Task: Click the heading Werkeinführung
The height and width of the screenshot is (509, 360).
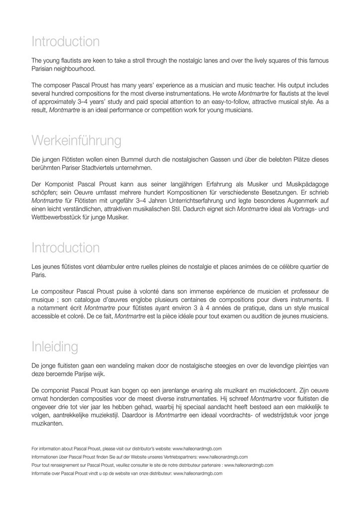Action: (x=76, y=141)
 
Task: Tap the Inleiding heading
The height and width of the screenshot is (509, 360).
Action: (x=55, y=346)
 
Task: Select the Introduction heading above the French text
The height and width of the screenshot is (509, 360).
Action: (x=65, y=248)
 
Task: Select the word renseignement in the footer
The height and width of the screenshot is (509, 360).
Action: (x=69, y=465)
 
